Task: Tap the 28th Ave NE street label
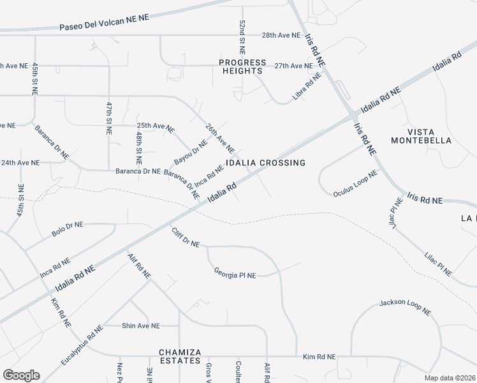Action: coord(281,36)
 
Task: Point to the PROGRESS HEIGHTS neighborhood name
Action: coord(242,67)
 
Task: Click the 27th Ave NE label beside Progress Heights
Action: coord(293,66)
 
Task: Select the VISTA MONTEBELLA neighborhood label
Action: coord(421,135)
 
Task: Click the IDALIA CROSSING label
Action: coord(266,163)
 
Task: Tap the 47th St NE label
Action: coord(109,117)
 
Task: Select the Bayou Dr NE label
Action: coord(191,151)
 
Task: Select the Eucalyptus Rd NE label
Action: coord(82,345)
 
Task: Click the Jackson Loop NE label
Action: coord(405,307)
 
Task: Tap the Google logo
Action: coord(21,375)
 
